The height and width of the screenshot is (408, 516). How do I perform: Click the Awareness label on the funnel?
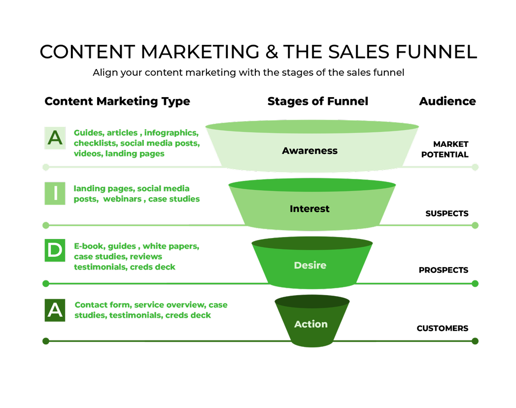pyautogui.click(x=310, y=151)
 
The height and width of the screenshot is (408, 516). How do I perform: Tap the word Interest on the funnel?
pyautogui.click(x=310, y=209)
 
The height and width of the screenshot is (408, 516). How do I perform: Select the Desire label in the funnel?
pyautogui.click(x=310, y=266)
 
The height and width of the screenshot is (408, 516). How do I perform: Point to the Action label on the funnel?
pyautogui.click(x=310, y=324)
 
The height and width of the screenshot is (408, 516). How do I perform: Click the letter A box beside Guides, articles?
pyautogui.click(x=55, y=138)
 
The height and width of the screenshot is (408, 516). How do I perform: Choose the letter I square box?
pyautogui.click(x=55, y=193)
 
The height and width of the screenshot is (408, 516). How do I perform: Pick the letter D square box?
pyautogui.click(x=55, y=250)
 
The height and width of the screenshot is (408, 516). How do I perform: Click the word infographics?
pyautogui.click(x=172, y=134)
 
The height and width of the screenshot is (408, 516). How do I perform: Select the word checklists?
pyautogui.click(x=96, y=143)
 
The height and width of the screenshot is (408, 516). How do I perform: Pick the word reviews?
pyautogui.click(x=146, y=257)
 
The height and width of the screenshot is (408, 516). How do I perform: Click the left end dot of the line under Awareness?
pyautogui.click(x=46, y=167)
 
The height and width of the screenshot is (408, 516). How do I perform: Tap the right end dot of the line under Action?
pyautogui.click(x=475, y=341)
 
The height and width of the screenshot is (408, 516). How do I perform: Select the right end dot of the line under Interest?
pyautogui.click(x=475, y=225)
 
